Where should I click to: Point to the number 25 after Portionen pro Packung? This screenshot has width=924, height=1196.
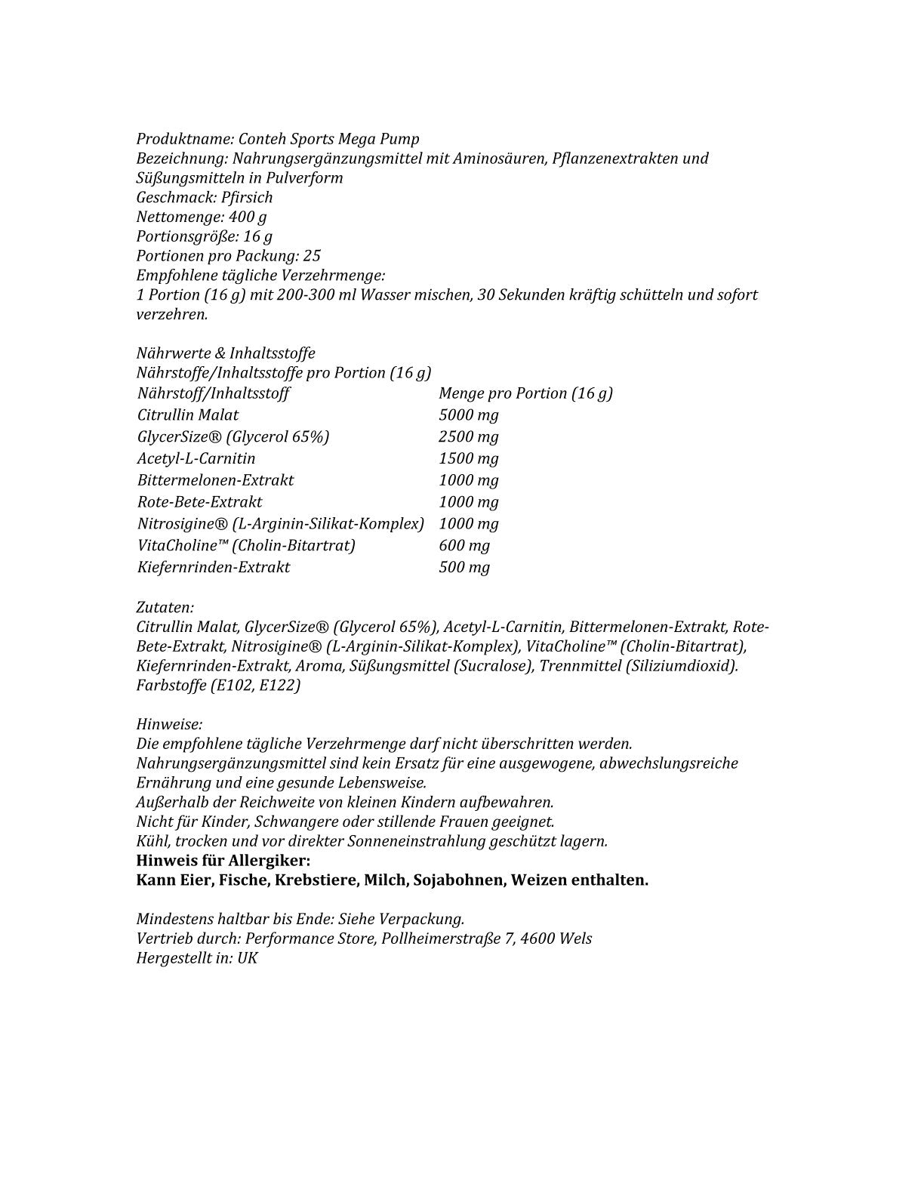click(312, 255)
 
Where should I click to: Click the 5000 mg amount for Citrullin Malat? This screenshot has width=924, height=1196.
click(468, 415)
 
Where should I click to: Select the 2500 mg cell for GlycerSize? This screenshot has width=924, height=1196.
click(468, 436)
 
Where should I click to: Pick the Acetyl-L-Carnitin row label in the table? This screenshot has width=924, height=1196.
click(196, 458)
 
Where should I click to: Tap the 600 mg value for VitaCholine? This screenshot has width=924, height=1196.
click(464, 545)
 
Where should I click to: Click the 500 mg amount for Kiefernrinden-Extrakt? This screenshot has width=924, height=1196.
click(464, 567)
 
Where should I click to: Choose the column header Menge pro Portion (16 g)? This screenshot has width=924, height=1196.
click(525, 393)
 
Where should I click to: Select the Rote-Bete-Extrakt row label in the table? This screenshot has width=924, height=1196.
click(200, 502)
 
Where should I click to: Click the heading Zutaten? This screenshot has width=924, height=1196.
click(165, 607)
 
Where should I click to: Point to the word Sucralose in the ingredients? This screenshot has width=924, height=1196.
click(490, 666)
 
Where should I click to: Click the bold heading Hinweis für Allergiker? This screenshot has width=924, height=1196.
click(223, 861)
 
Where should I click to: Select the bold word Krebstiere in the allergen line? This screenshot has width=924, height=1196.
click(316, 880)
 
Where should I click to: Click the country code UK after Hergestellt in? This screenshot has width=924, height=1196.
click(248, 958)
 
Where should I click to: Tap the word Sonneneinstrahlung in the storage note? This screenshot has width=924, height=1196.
click(454, 841)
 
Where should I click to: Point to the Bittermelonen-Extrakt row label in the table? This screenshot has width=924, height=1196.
click(215, 480)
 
